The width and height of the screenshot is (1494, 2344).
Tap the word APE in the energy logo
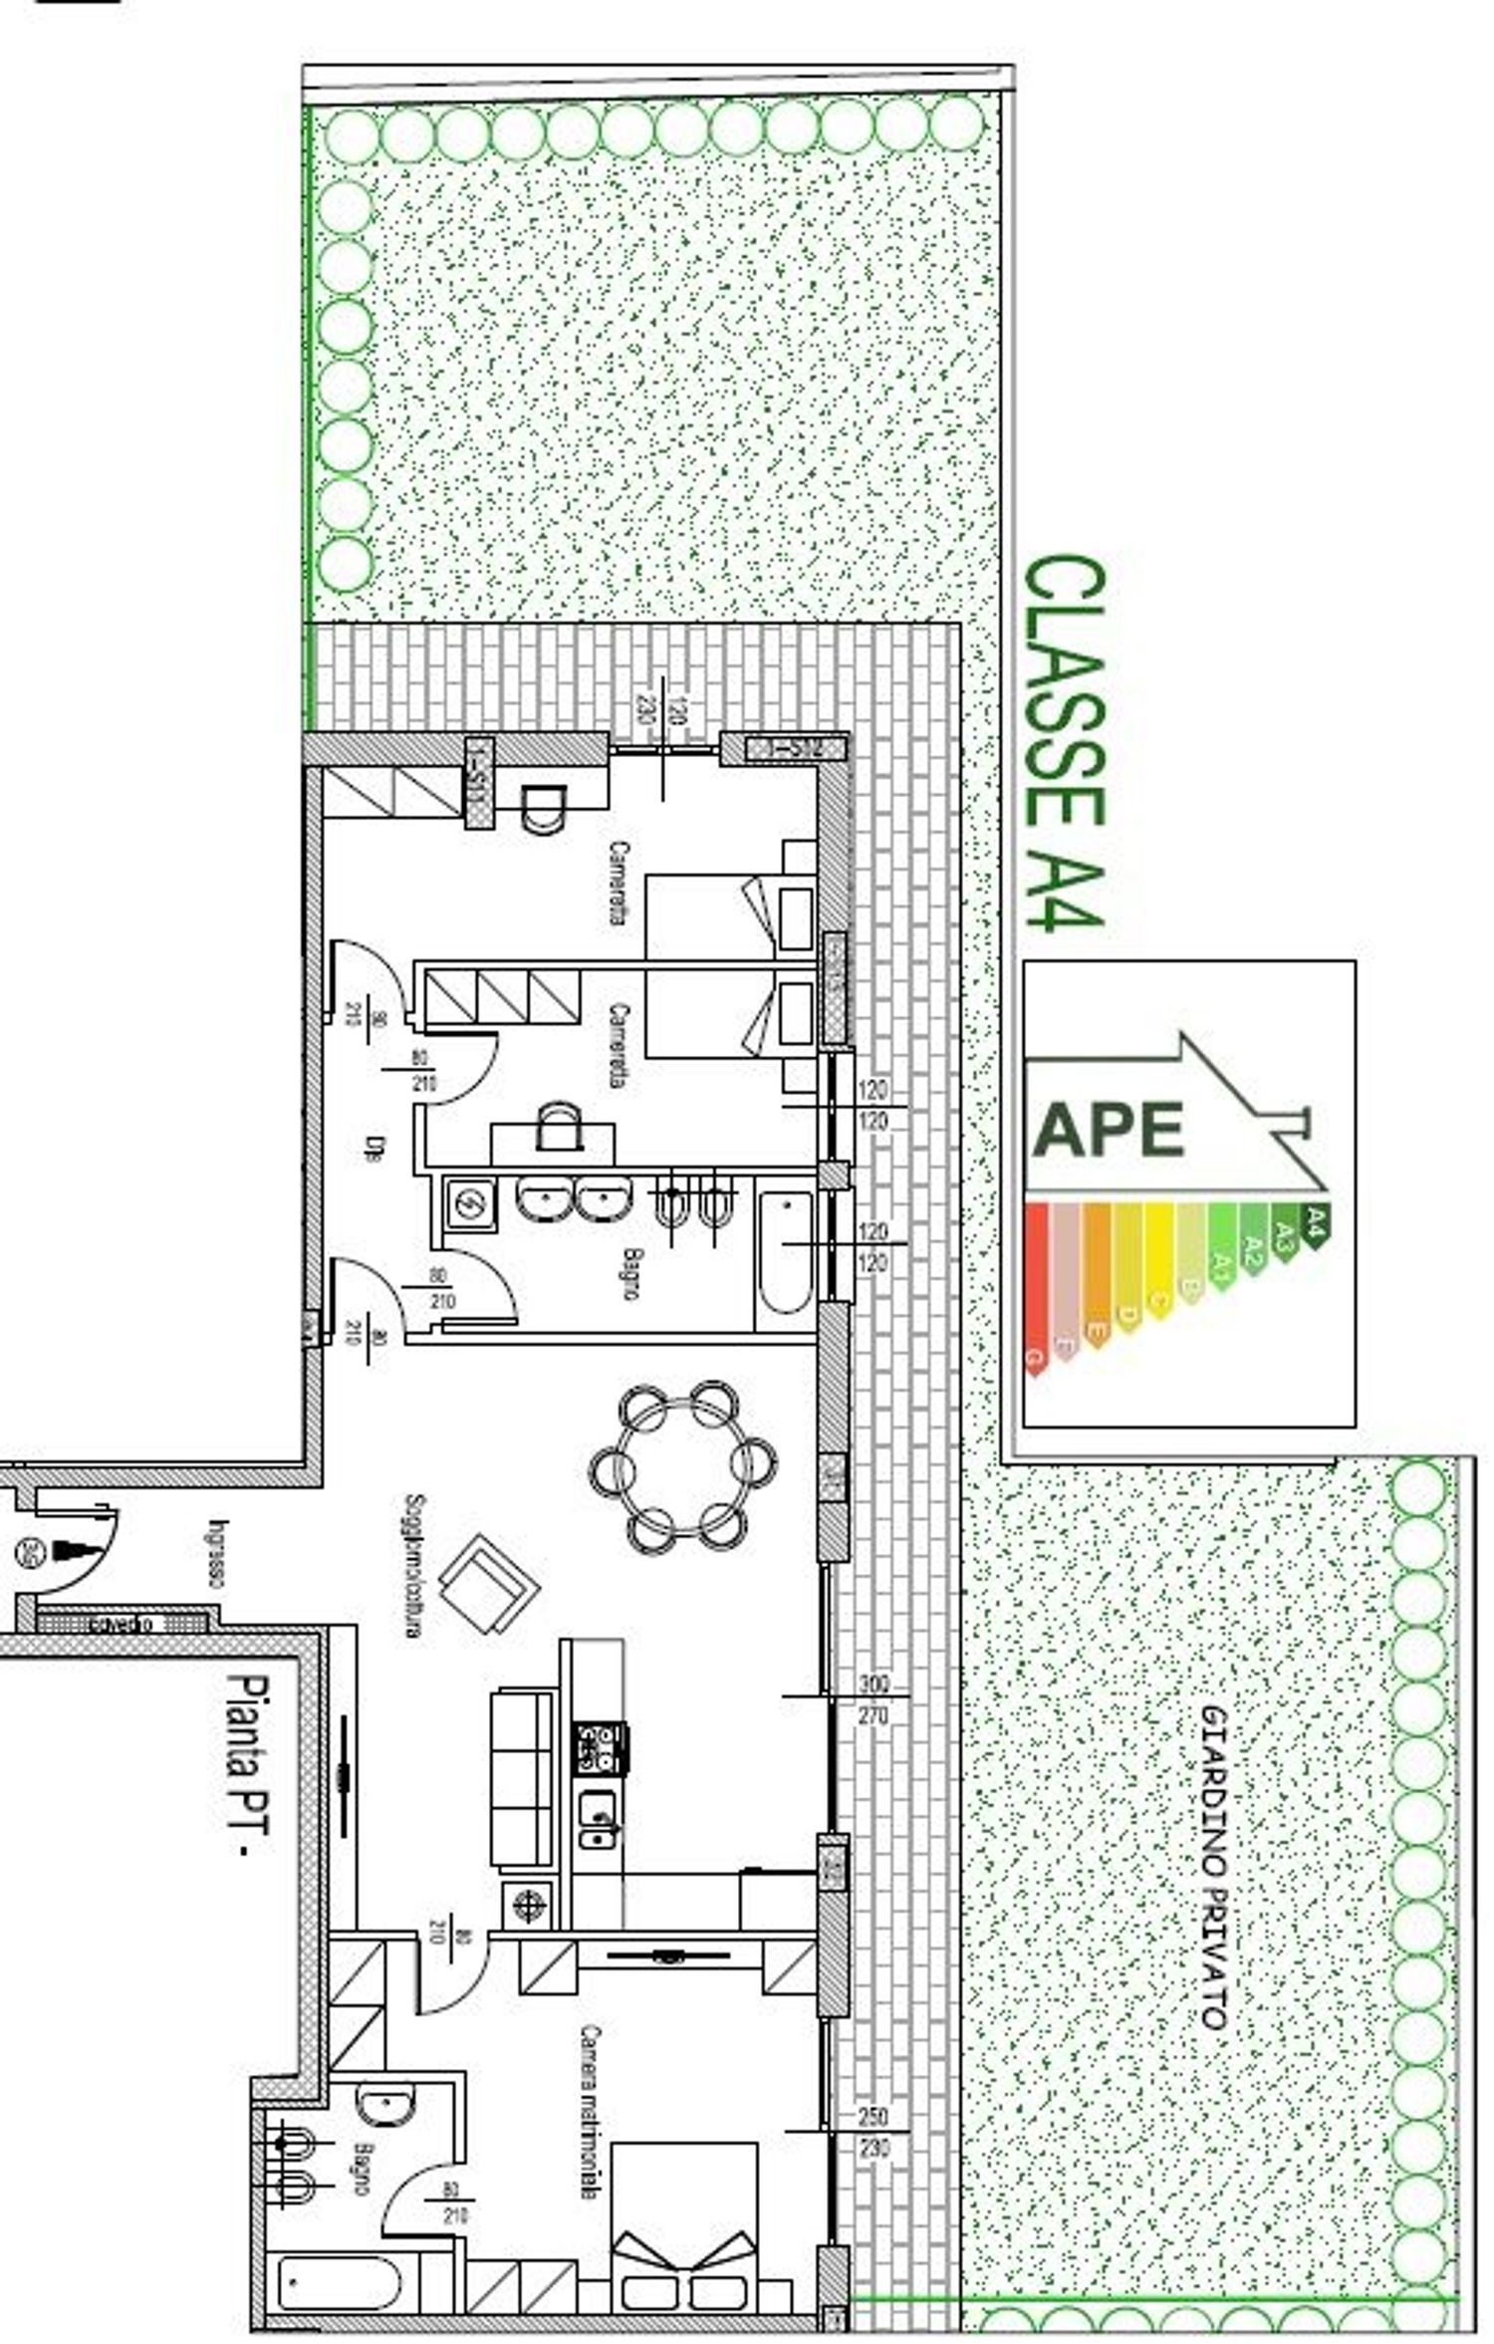(1108, 1130)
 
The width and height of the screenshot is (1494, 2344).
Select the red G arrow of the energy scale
(1036, 1290)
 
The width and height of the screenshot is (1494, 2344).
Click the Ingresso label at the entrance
(216, 1554)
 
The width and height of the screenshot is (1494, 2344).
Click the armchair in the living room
(489, 1584)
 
